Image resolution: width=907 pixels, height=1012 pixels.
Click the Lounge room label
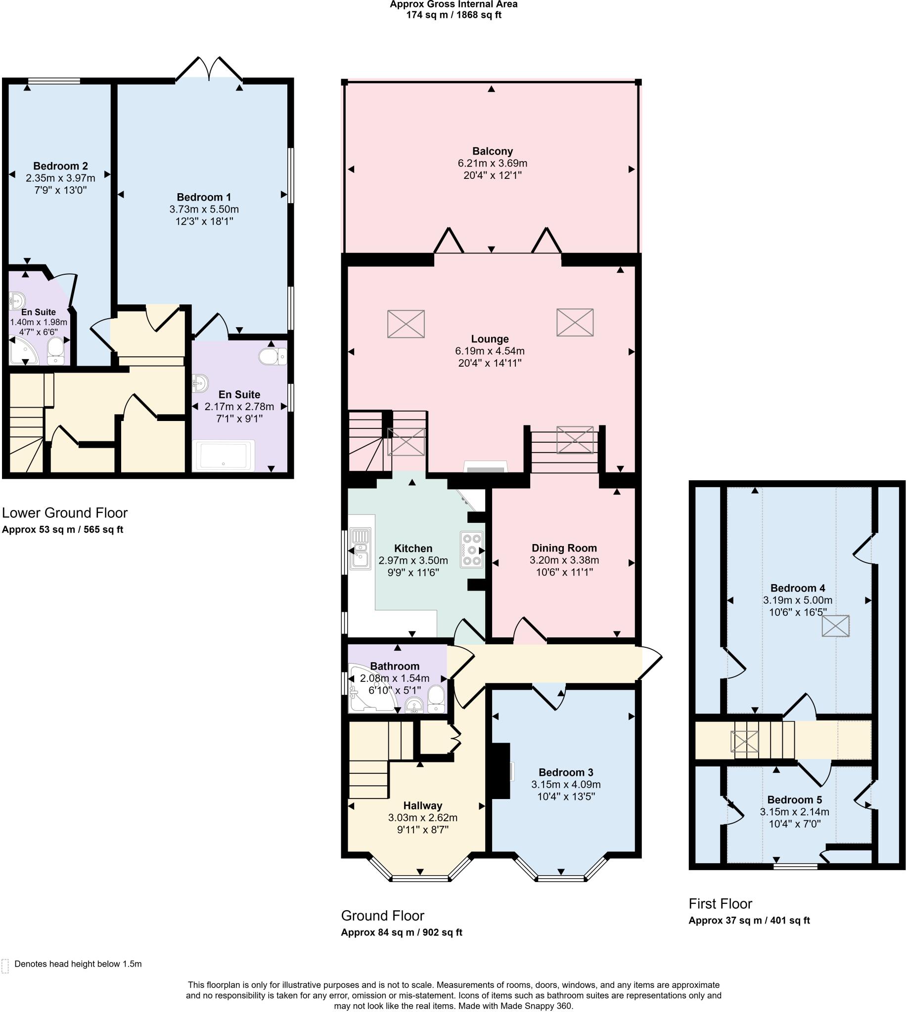pos(490,339)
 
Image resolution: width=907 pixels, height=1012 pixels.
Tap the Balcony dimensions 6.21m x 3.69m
pos(493,164)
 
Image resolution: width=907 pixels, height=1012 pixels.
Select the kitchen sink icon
pos(360,548)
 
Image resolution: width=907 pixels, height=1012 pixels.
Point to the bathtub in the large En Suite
pos(224,455)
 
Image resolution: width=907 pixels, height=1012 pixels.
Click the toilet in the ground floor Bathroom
pos(436,699)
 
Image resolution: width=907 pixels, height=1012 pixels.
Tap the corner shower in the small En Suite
pos(23,351)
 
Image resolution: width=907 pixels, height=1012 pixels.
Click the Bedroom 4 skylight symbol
pos(836,626)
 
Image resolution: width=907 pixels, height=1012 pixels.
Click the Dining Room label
pos(564,548)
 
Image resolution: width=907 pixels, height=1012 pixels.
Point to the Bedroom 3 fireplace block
pos(500,771)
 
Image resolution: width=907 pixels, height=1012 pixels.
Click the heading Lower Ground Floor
pos(65,513)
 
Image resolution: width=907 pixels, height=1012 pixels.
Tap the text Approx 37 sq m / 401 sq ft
pos(749,921)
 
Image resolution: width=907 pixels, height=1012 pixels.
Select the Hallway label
pos(423,805)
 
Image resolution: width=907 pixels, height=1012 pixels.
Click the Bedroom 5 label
pos(794,800)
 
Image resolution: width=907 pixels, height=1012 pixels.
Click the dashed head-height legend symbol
pos(5,966)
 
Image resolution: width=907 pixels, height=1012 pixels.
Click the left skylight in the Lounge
pos(406,324)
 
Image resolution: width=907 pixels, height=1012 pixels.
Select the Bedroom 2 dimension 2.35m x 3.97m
pos(60,178)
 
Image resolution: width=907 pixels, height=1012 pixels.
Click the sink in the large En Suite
pos(200,383)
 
